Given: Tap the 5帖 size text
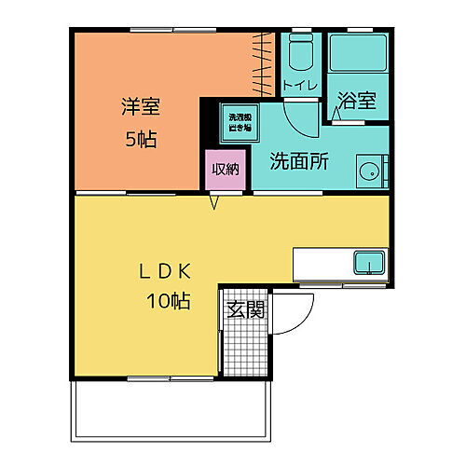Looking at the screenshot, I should pyautogui.click(x=140, y=141).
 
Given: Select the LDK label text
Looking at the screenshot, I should pyautogui.click(x=165, y=271).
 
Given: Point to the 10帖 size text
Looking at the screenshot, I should pyautogui.click(x=168, y=301).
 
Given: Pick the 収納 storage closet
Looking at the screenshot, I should pyautogui.click(x=226, y=170).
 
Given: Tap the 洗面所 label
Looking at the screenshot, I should pyautogui.click(x=298, y=160).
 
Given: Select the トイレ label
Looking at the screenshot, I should pyautogui.click(x=300, y=87).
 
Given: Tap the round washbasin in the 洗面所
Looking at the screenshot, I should pyautogui.click(x=370, y=171).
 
